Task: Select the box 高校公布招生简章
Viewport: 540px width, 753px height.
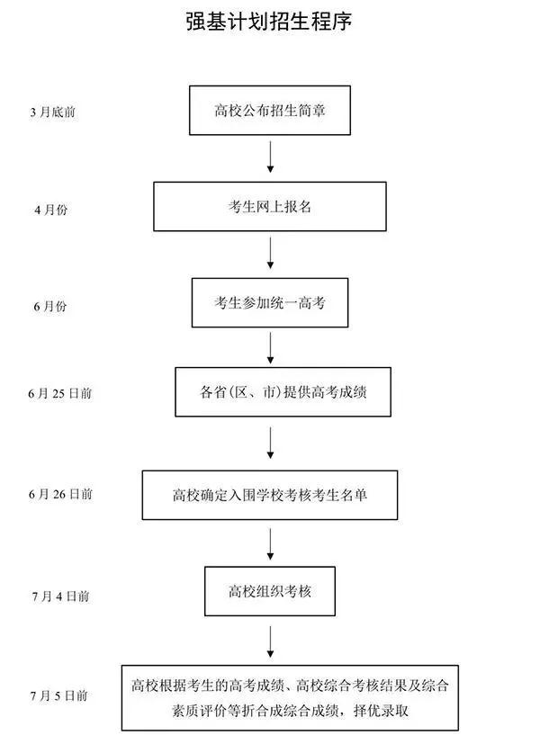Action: [x=270, y=111]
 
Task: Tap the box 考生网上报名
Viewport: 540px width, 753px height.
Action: [x=270, y=207]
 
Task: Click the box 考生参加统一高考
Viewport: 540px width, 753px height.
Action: [x=270, y=302]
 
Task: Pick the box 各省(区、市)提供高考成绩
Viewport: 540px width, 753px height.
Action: [x=283, y=392]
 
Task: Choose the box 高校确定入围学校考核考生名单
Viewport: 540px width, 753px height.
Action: [x=270, y=494]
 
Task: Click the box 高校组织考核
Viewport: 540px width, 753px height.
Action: [x=270, y=591]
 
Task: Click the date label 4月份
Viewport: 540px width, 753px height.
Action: [x=50, y=210]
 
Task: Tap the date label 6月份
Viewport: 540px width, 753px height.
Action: [x=50, y=307]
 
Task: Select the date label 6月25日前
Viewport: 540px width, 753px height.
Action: [x=60, y=393]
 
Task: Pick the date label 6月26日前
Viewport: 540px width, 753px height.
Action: [x=60, y=494]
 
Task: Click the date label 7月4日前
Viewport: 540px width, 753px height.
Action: [x=58, y=596]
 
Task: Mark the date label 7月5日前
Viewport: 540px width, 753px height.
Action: [x=58, y=695]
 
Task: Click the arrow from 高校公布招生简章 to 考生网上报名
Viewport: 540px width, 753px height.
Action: [x=270, y=157]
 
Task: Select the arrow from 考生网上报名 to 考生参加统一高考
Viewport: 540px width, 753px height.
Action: [x=270, y=254]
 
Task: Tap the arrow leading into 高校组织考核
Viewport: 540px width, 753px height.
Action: [x=270, y=543]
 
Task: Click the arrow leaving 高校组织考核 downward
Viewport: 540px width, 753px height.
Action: [x=270, y=641]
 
